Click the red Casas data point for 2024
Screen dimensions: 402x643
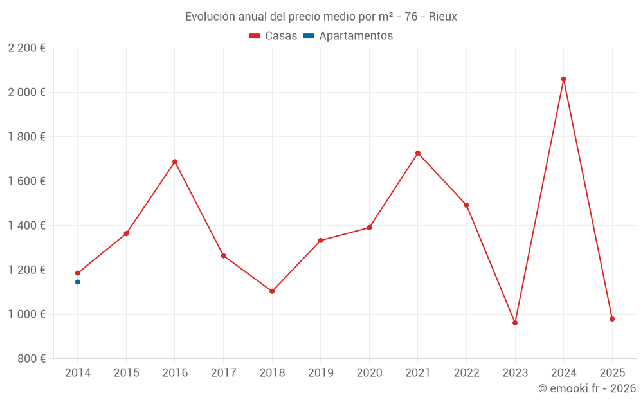click(563, 79)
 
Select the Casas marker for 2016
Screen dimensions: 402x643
click(175, 161)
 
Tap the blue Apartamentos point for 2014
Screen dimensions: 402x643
click(78, 282)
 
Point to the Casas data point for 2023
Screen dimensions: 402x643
click(515, 323)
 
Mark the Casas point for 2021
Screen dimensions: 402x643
click(418, 153)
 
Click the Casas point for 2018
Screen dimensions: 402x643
click(272, 291)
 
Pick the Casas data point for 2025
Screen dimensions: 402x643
click(612, 319)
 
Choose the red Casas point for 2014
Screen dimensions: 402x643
click(78, 273)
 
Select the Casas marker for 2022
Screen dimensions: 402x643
click(466, 205)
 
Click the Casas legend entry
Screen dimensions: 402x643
click(273, 36)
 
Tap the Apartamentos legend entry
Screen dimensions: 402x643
click(348, 36)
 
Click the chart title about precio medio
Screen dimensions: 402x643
click(321, 17)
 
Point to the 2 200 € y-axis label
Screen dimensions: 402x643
click(26, 48)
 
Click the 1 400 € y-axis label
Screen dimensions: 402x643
click(26, 226)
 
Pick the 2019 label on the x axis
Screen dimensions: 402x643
click(321, 372)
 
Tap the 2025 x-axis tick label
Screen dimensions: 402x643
click(612, 372)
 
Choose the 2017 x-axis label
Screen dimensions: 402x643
click(223, 372)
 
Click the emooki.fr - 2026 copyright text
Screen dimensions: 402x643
click(587, 388)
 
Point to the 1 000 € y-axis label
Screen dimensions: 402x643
click(26, 315)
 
